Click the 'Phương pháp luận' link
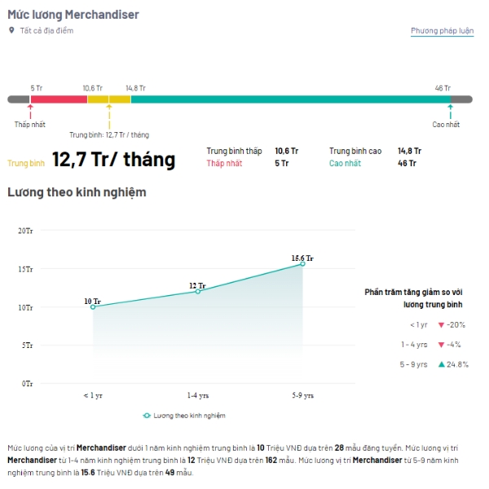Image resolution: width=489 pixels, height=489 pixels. [x=442, y=31]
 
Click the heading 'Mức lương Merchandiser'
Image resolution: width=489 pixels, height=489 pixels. [x=73, y=15]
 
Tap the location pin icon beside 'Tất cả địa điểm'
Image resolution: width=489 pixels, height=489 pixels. [x=11, y=31]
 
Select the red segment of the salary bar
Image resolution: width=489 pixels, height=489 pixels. [x=58, y=99]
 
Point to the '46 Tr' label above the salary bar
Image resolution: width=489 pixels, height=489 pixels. [x=443, y=88]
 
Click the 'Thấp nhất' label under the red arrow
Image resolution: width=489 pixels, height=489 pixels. [x=30, y=124]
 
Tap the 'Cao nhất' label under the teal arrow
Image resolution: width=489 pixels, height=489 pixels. [x=446, y=124]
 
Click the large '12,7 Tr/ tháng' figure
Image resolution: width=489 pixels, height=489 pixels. [x=113, y=160]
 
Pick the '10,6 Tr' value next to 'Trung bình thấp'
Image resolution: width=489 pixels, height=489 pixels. [x=287, y=151]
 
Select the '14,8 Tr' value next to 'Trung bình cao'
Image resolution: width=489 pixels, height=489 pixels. [x=409, y=151]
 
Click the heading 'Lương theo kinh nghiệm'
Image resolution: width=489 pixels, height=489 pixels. [x=77, y=192]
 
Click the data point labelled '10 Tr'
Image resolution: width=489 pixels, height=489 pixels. [x=92, y=307]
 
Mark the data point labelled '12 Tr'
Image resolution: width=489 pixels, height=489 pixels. [x=197, y=292]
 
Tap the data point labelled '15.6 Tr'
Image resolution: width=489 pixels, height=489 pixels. [x=302, y=264]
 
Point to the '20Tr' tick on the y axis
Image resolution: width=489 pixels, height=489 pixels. [x=25, y=231]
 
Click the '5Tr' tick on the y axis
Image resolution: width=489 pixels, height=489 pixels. [x=27, y=345]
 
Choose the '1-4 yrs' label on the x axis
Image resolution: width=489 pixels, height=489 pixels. [x=197, y=395]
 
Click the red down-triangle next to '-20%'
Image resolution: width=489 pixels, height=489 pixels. [x=441, y=324]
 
